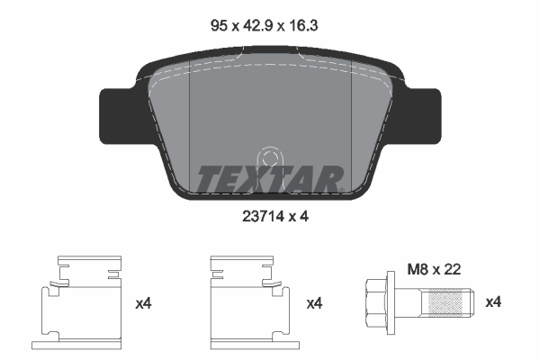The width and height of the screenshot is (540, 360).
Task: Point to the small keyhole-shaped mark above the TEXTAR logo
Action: [x=267, y=157]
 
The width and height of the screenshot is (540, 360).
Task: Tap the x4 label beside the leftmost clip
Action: [x=143, y=304]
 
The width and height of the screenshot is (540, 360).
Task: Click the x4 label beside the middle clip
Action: [x=314, y=304]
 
